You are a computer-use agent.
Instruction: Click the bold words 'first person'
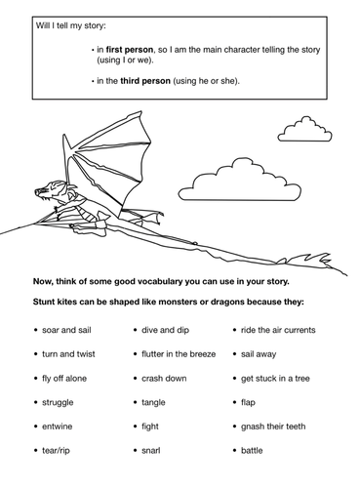[123, 48]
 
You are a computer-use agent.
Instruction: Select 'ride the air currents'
[279, 330]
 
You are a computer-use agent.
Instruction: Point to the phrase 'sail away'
[259, 353]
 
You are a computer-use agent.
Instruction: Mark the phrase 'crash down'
[164, 378]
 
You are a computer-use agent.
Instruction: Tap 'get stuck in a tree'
[276, 378]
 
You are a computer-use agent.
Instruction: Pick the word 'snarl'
[151, 450]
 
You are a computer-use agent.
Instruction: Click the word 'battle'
[253, 450]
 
